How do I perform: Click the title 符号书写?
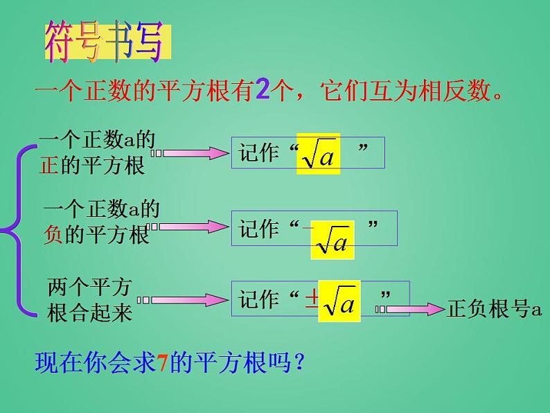[x=104, y=42]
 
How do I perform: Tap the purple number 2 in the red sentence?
[x=263, y=89]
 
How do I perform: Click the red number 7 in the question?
[x=162, y=362]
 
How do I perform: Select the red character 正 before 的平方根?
[x=48, y=165]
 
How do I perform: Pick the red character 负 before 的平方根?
[x=53, y=234]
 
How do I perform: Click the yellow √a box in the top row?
[x=318, y=154]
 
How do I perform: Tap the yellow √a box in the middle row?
[x=332, y=240]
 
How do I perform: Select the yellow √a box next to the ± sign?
[x=339, y=301]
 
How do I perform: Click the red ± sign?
[x=312, y=299]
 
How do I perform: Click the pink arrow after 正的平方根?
[x=190, y=153]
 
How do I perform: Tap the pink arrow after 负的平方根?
[x=188, y=227]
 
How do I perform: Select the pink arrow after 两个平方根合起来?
[x=182, y=300]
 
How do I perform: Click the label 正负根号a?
[x=494, y=309]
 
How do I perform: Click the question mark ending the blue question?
[x=299, y=362]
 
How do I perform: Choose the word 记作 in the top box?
[x=259, y=152]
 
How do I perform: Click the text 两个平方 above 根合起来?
[x=89, y=287]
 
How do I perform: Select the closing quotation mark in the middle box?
[x=373, y=224]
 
